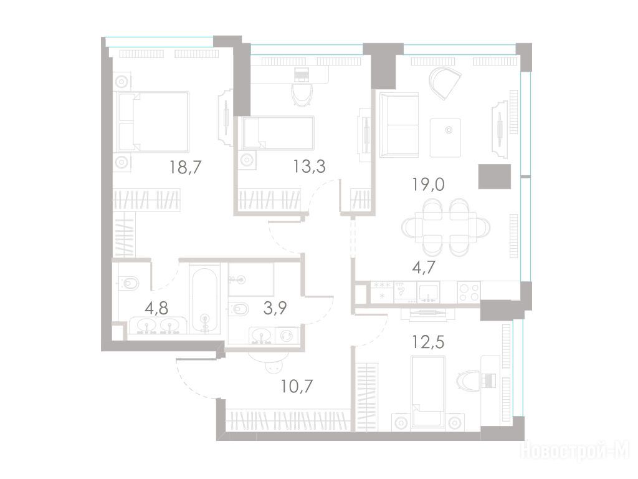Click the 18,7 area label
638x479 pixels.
(x=186, y=167)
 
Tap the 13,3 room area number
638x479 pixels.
(x=310, y=166)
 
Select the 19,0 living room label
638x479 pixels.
(x=429, y=185)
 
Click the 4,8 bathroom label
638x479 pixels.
(x=156, y=308)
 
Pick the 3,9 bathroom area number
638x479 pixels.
(x=275, y=308)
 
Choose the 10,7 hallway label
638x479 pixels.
(x=297, y=385)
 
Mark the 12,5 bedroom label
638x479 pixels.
(x=428, y=342)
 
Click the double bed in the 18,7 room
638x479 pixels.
(x=153, y=122)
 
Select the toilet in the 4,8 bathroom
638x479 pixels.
(x=128, y=282)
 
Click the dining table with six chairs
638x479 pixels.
(x=446, y=227)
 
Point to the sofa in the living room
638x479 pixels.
(x=399, y=125)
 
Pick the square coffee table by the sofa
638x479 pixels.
(x=445, y=138)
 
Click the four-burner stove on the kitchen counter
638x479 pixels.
(x=469, y=292)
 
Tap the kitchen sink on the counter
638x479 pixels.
(x=429, y=293)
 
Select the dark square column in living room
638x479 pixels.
(x=494, y=177)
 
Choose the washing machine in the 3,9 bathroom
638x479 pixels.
(x=287, y=336)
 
